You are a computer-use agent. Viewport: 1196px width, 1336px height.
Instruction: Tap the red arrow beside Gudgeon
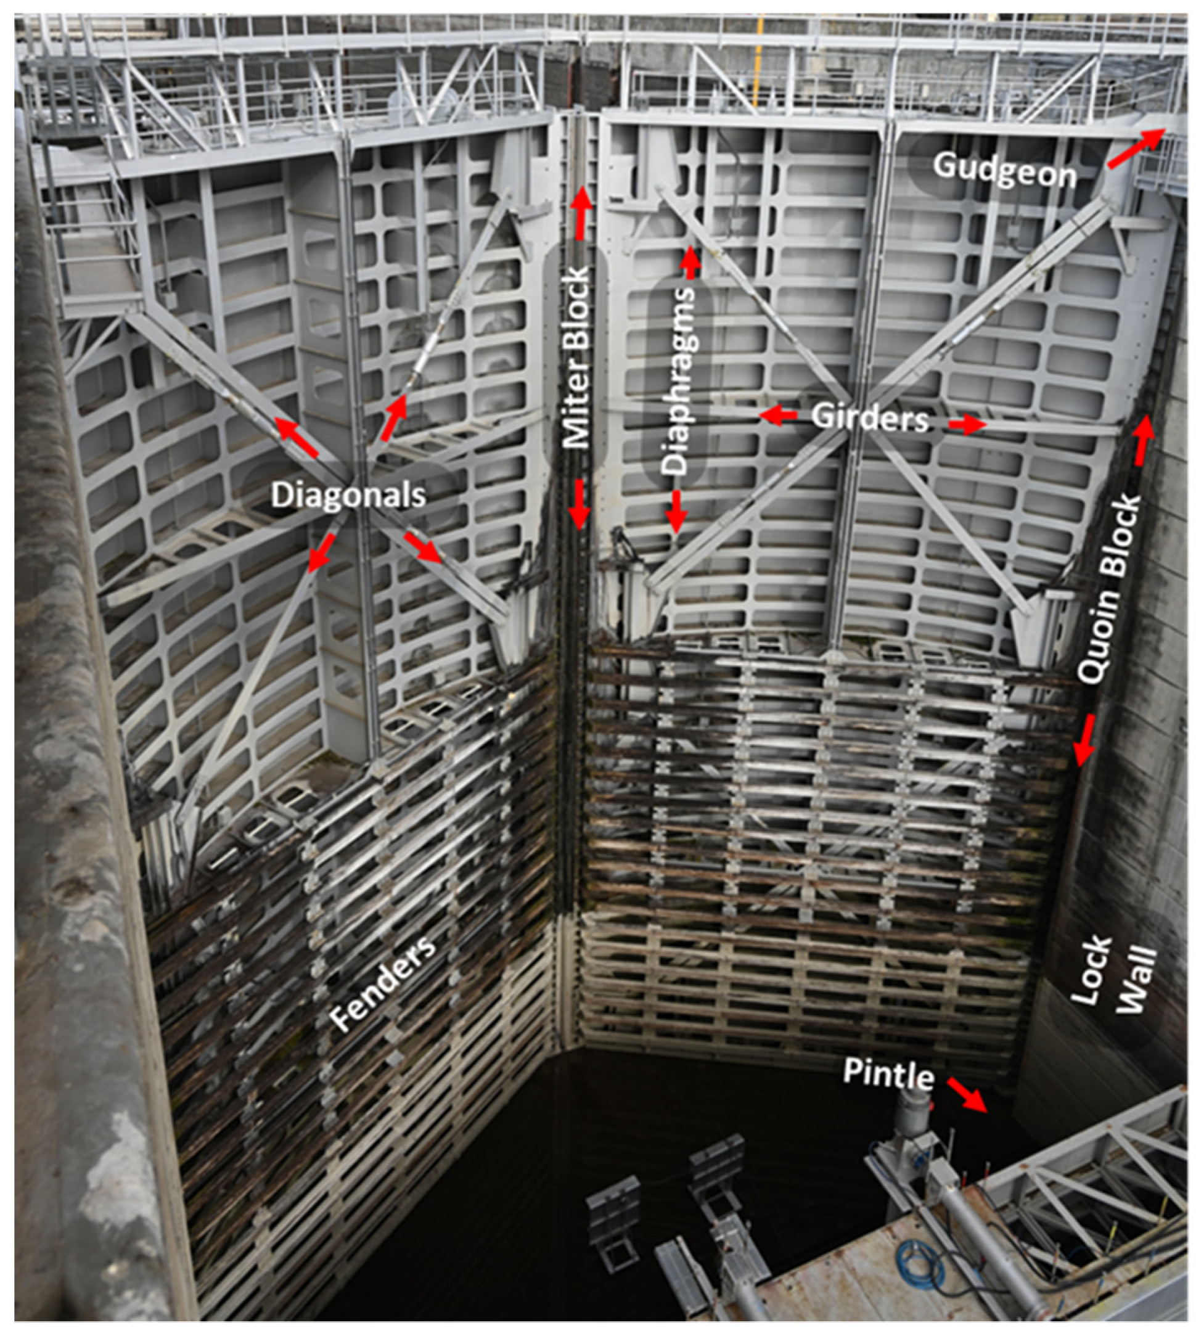click(1135, 148)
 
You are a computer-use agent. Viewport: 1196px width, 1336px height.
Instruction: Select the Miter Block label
click(578, 358)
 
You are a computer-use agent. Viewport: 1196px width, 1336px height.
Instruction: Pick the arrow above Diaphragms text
click(690, 263)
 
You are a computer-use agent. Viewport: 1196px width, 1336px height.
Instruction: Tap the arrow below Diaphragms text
click(675, 511)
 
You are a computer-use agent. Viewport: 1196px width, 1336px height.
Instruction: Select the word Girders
click(869, 418)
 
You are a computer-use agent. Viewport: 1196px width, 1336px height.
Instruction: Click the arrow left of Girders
click(778, 416)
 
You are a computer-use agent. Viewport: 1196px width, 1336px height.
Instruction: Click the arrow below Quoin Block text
click(1085, 740)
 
